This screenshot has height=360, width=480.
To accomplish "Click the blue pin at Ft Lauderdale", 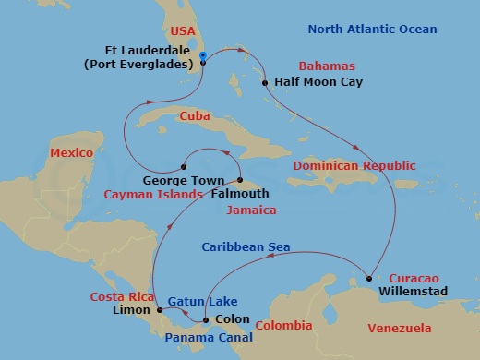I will tap(202, 57).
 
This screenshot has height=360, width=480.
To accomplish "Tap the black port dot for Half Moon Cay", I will tap(265, 83).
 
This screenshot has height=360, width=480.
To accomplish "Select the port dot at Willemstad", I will tap(368, 278).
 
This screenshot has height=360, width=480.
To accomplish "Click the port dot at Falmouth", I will tap(239, 180).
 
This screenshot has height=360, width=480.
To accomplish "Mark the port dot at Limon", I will tap(160, 310).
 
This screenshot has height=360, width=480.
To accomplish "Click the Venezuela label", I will tap(399, 328).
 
